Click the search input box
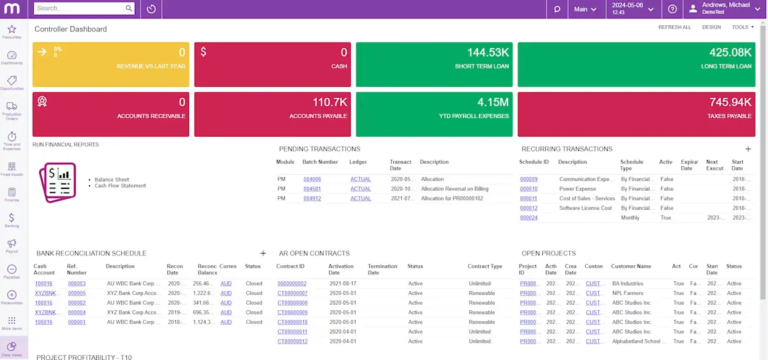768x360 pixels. tap(79, 9)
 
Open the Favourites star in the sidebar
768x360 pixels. tap(12, 30)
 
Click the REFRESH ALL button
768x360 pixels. tap(674, 27)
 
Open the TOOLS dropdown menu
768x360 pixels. tap(742, 27)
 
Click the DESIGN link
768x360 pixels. tap(711, 27)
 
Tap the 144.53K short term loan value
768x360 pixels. tap(487, 53)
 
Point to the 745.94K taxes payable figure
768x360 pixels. tap(730, 103)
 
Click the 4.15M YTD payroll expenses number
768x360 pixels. tap(493, 103)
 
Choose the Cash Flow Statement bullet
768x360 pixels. tap(120, 186)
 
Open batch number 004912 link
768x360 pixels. tap(312, 199)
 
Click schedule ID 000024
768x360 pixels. tap(529, 218)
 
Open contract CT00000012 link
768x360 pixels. tap(292, 342)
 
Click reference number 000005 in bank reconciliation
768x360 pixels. tap(77, 294)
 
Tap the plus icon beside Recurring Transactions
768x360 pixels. tap(748, 149)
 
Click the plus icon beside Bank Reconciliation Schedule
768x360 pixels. tap(263, 253)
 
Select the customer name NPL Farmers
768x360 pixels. tap(627, 294)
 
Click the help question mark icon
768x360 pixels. tap(672, 9)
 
